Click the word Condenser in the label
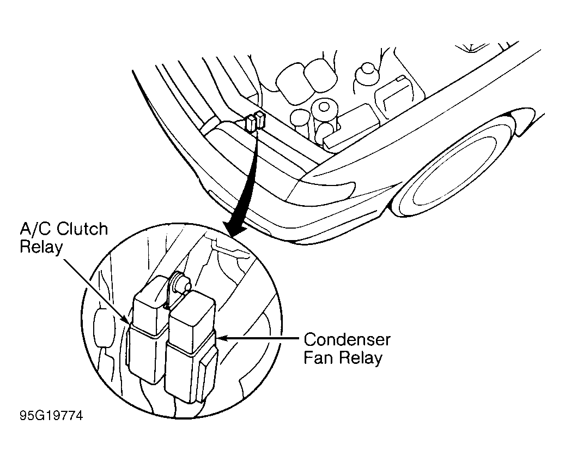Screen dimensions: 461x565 pos(347,339)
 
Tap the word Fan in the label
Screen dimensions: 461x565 pos(318,359)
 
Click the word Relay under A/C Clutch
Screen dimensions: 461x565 pos(41,247)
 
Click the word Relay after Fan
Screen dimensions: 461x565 pos(360,359)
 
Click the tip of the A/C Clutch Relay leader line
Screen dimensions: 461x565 pos(128,322)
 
